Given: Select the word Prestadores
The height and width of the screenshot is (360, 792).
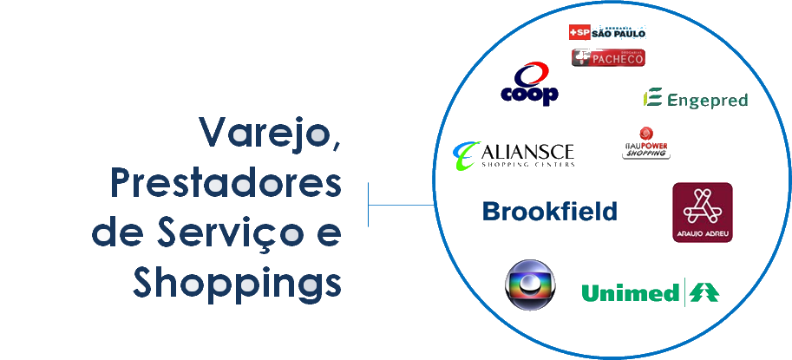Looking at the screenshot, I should click(226, 184).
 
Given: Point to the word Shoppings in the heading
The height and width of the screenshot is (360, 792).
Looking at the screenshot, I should click(236, 283).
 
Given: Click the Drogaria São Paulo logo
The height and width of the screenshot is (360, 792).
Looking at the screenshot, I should click(607, 33).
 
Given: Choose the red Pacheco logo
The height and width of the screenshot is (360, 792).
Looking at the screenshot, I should click(608, 58).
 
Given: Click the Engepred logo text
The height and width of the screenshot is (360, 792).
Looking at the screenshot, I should click(707, 101).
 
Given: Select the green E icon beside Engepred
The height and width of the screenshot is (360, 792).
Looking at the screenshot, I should click(652, 98).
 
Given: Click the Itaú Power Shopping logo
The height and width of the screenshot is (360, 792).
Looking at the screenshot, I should click(646, 144).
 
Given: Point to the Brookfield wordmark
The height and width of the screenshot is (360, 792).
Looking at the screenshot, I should click(550, 211).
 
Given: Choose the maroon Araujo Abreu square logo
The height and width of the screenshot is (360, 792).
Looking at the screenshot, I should click(702, 213).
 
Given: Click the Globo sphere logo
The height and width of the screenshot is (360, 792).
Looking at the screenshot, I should click(530, 285).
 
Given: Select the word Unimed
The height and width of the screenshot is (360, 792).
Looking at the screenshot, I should click(630, 293).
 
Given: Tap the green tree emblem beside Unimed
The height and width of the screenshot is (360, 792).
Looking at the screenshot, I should click(703, 293).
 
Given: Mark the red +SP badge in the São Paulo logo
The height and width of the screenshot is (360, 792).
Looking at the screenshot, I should click(579, 33).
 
